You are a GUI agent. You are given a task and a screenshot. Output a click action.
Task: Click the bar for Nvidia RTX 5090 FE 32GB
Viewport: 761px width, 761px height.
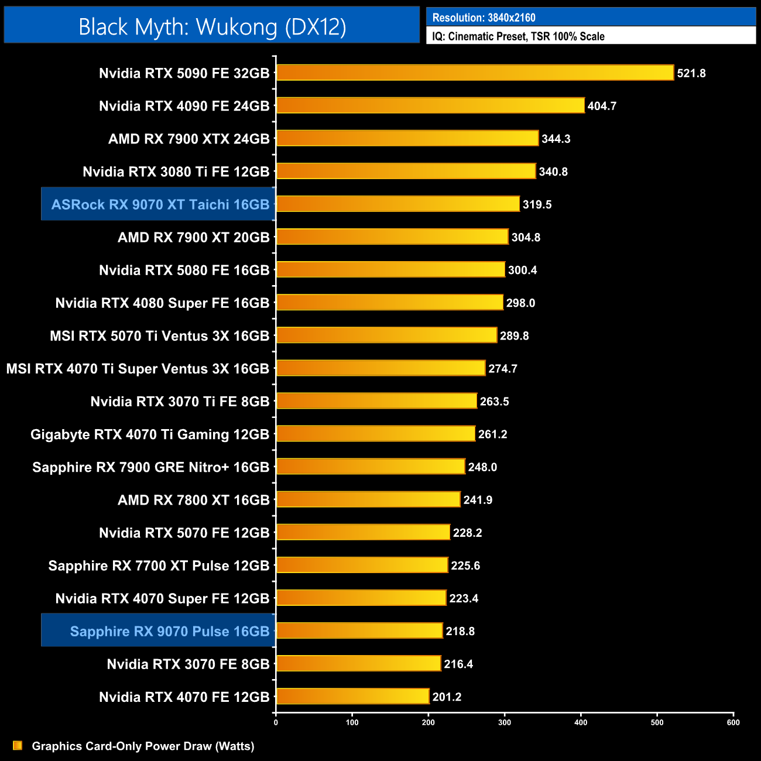tap(474, 73)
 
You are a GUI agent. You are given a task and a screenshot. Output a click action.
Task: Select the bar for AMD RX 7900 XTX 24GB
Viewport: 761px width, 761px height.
tap(407, 138)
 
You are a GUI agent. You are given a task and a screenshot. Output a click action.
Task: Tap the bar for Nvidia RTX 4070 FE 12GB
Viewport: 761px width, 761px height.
tap(352, 696)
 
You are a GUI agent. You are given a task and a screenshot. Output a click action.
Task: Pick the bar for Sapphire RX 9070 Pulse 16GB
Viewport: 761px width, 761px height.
tap(359, 630)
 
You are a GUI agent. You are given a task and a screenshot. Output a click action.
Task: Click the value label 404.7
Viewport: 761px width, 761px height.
tap(602, 106)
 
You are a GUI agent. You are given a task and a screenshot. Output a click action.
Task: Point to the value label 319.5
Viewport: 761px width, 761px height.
tap(537, 204)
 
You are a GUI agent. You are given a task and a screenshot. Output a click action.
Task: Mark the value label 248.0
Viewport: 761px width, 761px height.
tap(482, 467)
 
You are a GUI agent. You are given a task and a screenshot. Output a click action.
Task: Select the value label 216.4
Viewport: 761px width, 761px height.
tap(458, 664)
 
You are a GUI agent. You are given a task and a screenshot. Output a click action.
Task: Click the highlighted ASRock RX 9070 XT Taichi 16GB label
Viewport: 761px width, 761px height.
tap(160, 204)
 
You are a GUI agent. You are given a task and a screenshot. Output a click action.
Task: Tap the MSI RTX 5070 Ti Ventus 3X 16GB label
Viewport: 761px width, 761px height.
tap(159, 336)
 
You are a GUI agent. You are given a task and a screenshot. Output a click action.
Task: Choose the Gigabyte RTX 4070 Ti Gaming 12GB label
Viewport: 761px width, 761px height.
tap(150, 434)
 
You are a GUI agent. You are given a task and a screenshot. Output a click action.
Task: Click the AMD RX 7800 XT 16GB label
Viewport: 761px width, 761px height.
tap(193, 500)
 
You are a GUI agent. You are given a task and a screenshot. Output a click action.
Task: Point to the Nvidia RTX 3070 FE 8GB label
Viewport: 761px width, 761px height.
tap(188, 664)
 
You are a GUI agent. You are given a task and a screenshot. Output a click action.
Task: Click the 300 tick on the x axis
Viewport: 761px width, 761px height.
tap(505, 722)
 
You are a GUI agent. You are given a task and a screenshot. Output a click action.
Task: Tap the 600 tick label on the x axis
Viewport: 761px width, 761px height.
tap(733, 722)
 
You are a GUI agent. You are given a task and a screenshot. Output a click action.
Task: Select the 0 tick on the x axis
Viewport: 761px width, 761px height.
tap(276, 722)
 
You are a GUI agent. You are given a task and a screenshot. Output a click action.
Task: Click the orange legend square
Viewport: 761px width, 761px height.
tap(18, 745)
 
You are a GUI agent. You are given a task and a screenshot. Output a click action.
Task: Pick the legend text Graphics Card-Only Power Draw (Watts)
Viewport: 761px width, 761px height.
tap(143, 746)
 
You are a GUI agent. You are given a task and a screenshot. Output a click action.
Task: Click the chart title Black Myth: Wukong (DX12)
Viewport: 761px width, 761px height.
tap(212, 26)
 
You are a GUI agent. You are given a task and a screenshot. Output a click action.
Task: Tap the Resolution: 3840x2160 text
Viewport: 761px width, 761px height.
tap(484, 18)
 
